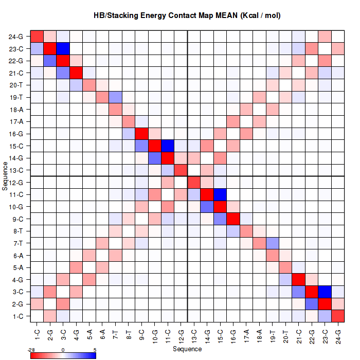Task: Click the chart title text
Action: (x=187, y=16)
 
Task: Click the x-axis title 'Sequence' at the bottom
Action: (x=187, y=349)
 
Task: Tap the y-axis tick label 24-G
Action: (x=16, y=37)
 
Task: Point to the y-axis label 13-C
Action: (x=16, y=170)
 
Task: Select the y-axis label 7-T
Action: (x=16, y=243)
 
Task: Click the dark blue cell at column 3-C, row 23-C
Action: (x=63, y=49)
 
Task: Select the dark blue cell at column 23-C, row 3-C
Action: (x=325, y=291)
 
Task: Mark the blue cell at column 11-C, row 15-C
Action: (x=168, y=146)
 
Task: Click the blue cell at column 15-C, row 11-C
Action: (x=220, y=194)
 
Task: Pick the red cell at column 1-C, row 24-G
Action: (x=37, y=37)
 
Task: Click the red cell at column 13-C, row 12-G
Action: (x=194, y=182)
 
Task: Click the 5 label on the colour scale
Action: (x=95, y=350)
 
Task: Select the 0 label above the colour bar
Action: (x=62, y=350)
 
